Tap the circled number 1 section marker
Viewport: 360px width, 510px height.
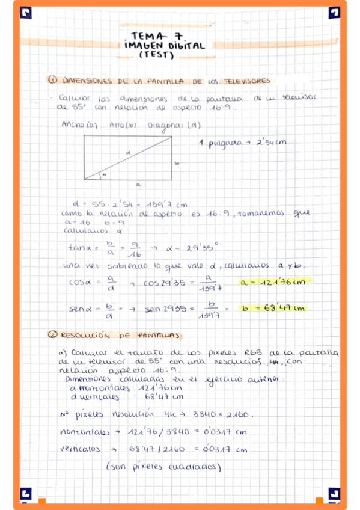(x=52, y=80)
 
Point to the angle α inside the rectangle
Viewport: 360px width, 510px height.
(x=103, y=174)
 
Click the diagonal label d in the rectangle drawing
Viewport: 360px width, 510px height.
(x=127, y=153)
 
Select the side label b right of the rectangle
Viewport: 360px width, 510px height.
(x=177, y=162)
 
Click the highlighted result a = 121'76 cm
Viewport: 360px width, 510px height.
(x=272, y=282)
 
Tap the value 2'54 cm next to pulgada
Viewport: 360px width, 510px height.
(x=272, y=143)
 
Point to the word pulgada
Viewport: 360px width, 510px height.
(x=226, y=144)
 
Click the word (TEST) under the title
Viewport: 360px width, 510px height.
(x=156, y=55)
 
